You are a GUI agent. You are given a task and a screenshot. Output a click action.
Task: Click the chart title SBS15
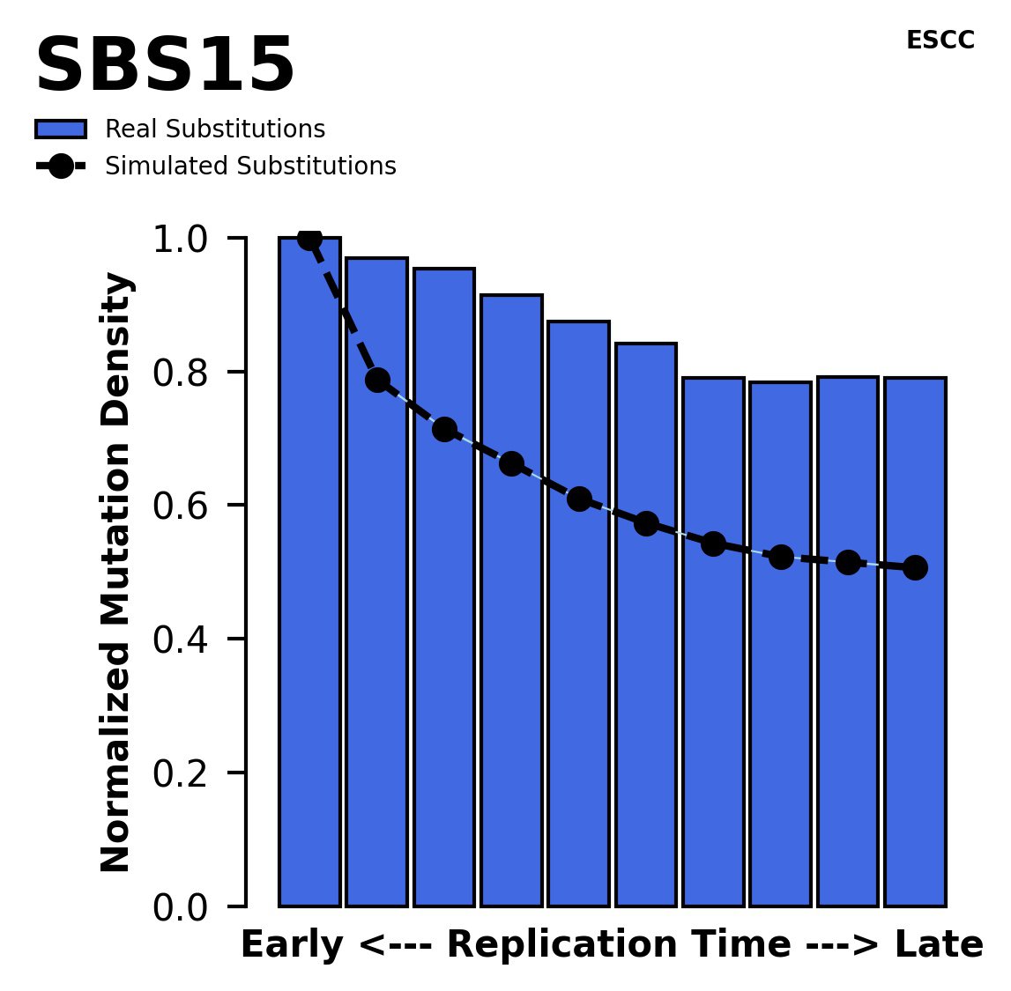click(164, 66)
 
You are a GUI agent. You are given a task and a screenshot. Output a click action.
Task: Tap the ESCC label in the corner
click(940, 41)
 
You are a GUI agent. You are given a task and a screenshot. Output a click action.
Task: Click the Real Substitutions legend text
click(215, 129)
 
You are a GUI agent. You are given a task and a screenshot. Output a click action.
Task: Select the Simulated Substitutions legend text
click(250, 166)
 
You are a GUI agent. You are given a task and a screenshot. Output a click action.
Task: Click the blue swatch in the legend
click(61, 129)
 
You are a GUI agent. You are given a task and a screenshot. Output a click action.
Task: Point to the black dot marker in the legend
click(61, 166)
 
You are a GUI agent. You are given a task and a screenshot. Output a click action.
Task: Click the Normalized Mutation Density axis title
click(117, 573)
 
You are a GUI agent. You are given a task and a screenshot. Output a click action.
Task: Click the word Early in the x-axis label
click(292, 946)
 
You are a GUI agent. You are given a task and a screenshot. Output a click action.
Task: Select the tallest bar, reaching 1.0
click(309, 573)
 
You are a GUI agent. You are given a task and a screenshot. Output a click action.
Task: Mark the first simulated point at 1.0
click(309, 238)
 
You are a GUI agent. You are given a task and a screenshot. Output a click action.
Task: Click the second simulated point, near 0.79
click(377, 380)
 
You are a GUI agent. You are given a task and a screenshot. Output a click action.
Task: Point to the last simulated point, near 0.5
click(915, 567)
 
